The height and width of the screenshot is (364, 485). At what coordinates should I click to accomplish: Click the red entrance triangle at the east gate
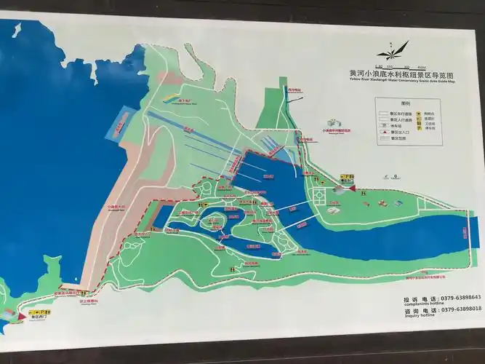353,187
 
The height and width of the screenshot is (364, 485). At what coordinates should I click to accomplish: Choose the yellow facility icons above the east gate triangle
347,176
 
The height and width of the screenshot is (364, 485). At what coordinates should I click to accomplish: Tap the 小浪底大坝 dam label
117,207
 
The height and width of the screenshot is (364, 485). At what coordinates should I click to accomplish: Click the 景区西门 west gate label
38,317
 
